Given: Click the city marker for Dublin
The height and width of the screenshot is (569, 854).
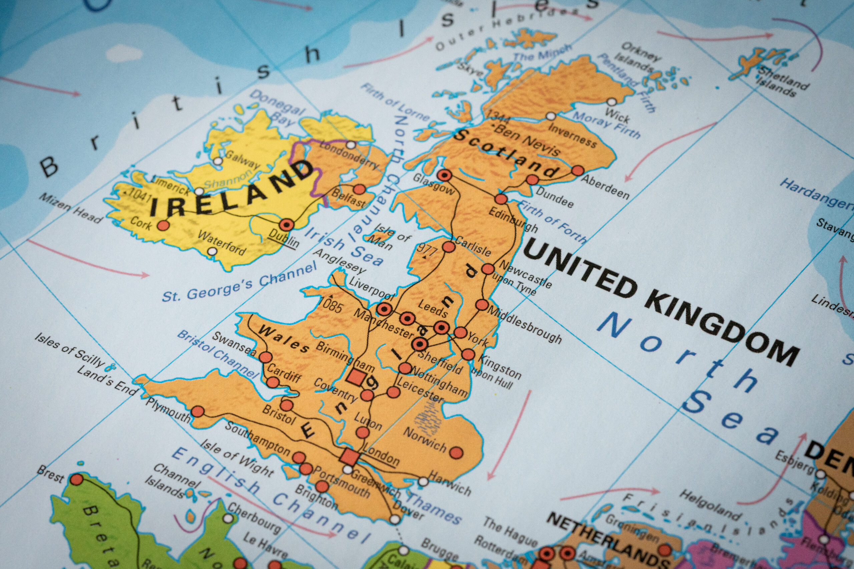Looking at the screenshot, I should coord(287,225).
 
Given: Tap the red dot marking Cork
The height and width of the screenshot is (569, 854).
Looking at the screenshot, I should coord(163,225).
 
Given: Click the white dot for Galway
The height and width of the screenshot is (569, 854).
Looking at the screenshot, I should coord(218,161).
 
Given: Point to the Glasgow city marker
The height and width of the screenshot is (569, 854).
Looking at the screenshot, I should coord(444,176).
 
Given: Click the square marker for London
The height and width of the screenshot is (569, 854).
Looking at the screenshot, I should coord(349,456).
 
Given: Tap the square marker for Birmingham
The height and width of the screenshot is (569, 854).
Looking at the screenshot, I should coord(356,378).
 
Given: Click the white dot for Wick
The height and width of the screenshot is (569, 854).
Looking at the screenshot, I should coord(612,102).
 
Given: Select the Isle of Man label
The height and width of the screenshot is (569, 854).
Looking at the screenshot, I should coord(387,238).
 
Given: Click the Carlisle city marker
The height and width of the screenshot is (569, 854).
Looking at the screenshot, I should coord(449,247).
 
